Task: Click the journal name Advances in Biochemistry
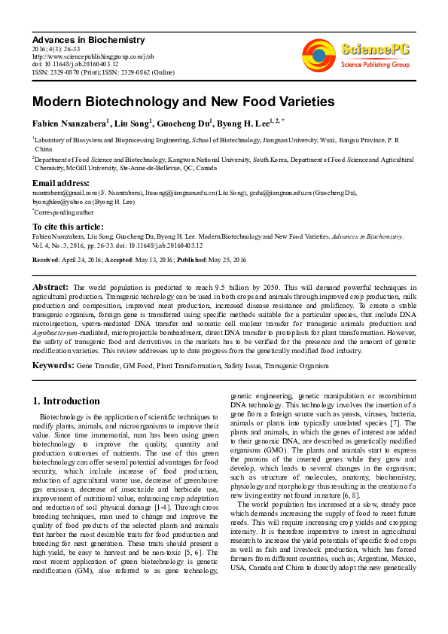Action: click(88, 40)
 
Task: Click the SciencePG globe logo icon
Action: click(319, 53)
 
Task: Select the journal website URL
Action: click(93, 56)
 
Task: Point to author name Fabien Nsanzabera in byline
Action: click(69, 123)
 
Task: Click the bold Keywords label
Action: click(53, 365)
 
